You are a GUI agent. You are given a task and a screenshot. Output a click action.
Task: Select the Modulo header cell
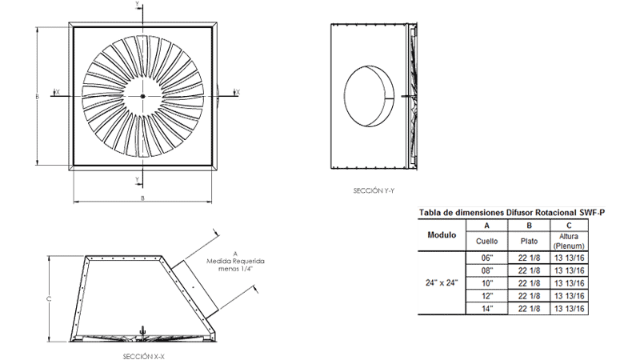point(442,235)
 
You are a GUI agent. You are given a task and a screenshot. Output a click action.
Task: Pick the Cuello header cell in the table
point(487,240)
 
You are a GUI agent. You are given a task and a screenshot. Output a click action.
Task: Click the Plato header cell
point(528,240)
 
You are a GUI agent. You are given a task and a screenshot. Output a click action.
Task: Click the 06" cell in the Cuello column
point(487,258)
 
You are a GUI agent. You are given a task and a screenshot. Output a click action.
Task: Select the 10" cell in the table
point(487,282)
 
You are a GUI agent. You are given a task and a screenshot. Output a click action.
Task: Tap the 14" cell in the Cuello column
point(487,308)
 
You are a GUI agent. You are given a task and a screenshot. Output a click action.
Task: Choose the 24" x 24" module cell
point(442,282)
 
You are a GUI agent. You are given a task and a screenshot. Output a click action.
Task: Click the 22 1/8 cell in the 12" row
point(528,295)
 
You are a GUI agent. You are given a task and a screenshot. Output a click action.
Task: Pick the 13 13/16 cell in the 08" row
point(571,270)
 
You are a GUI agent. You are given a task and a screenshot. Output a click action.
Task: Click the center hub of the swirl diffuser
point(143,96)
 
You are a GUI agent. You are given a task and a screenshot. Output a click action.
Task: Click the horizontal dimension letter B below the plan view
point(142,197)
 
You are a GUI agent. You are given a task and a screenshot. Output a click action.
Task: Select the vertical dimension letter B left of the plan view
point(37,96)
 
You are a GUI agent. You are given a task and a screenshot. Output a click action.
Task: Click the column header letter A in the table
point(487,226)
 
